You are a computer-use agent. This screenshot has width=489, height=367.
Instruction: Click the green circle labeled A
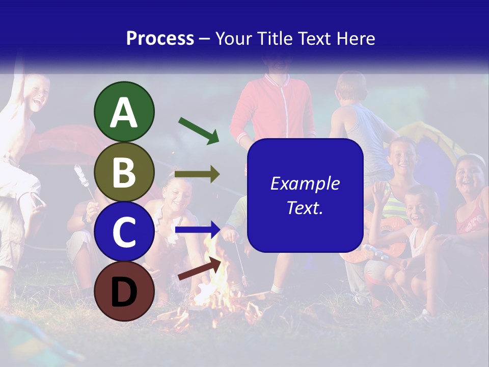coord(124,112)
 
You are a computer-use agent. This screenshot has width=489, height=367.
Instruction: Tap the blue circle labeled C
coord(124,231)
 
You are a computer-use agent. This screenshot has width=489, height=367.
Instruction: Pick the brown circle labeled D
coord(124,291)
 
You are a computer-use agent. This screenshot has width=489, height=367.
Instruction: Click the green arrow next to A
coord(199,130)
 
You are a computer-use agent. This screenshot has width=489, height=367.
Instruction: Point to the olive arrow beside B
coord(197,174)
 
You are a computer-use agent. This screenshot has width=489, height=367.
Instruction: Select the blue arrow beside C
coord(197,229)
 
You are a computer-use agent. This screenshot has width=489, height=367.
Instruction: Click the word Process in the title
coord(160,39)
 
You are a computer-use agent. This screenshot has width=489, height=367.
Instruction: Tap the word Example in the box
coord(305,183)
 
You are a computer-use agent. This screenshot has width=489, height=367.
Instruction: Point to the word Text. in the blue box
coord(305,207)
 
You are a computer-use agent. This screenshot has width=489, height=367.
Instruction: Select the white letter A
coord(124,113)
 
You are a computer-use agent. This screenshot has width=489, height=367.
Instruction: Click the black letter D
coord(124,292)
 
